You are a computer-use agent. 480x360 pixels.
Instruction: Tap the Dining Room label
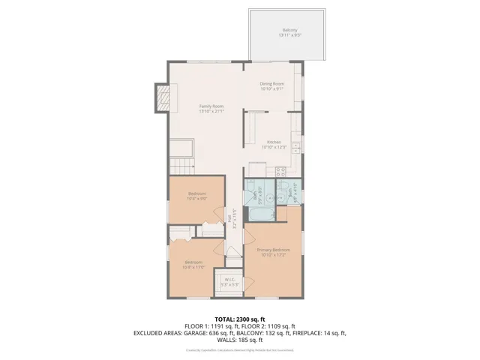[272, 83]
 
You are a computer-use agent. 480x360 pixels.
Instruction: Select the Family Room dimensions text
[211, 112]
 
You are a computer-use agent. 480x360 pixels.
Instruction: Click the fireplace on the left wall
[163, 97]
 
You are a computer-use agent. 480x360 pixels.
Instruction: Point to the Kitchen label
[274, 142]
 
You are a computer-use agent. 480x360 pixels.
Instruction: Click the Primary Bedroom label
[273, 249]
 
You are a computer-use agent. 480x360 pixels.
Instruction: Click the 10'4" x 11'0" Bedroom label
[194, 262]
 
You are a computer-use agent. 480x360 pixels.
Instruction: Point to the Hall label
[229, 218]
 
